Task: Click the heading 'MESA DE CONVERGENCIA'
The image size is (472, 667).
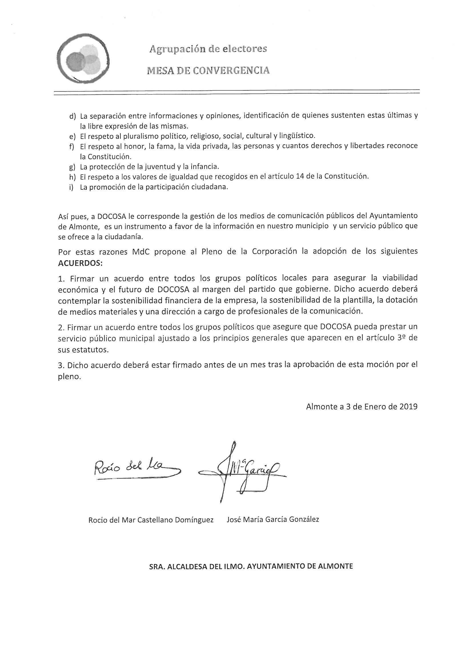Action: [208, 70]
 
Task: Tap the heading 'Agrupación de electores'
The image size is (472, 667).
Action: [208, 49]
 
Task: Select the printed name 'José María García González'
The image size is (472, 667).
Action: [273, 519]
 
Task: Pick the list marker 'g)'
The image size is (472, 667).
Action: [73, 167]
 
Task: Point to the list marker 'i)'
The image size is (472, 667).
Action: [71, 187]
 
